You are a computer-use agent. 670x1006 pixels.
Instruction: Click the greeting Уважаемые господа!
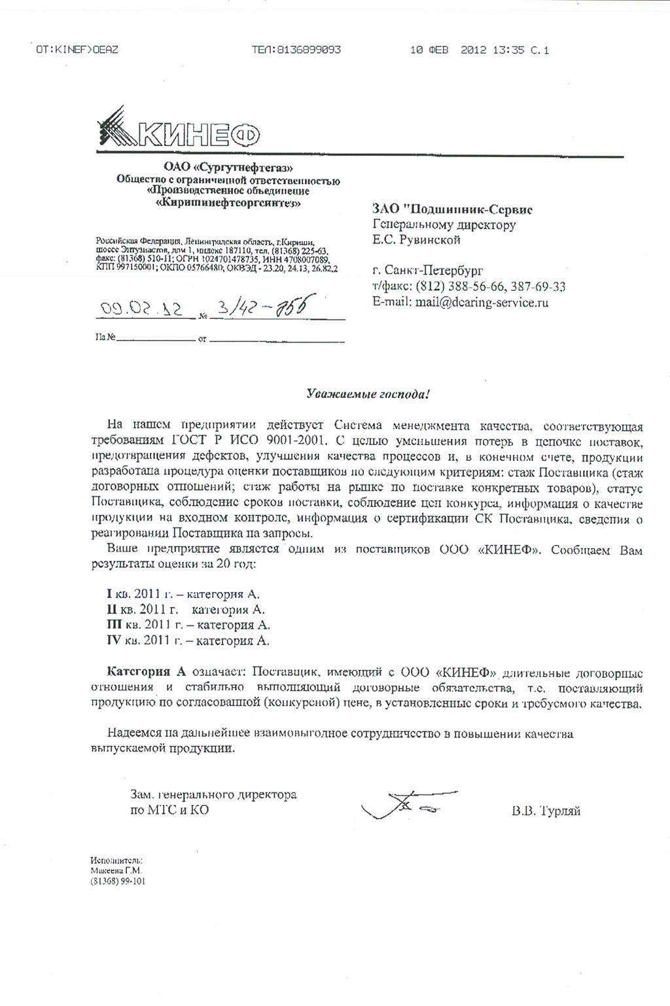[369, 394]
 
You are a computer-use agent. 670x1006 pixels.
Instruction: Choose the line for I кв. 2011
[183, 595]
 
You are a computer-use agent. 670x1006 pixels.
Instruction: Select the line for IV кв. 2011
[188, 641]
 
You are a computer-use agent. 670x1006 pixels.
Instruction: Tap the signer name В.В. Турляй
[546, 811]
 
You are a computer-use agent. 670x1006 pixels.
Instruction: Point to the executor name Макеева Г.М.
[116, 870]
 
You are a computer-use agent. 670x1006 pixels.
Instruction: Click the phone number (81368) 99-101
[118, 882]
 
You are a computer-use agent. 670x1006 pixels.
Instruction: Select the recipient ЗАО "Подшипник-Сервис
[452, 210]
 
